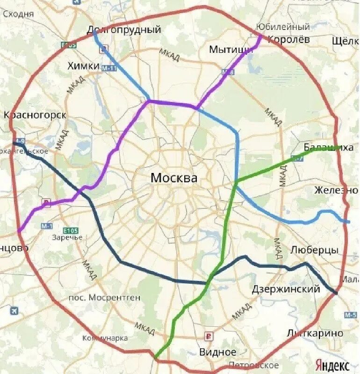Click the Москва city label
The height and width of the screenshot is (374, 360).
(x=174, y=178)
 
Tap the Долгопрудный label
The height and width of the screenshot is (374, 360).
(x=124, y=30)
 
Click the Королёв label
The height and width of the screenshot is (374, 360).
(x=288, y=39)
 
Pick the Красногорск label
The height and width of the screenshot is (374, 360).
(x=35, y=115)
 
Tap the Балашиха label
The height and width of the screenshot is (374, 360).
(x=329, y=148)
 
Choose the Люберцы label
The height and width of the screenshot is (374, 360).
(x=314, y=250)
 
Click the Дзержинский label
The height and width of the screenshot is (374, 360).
(x=286, y=289)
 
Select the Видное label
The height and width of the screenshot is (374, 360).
(x=218, y=352)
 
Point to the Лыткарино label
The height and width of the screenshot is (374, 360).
(x=322, y=333)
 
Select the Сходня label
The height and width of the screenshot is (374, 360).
(x=19, y=14)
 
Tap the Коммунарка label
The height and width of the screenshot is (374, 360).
(x=105, y=338)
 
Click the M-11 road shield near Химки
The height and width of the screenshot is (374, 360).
(x=108, y=68)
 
